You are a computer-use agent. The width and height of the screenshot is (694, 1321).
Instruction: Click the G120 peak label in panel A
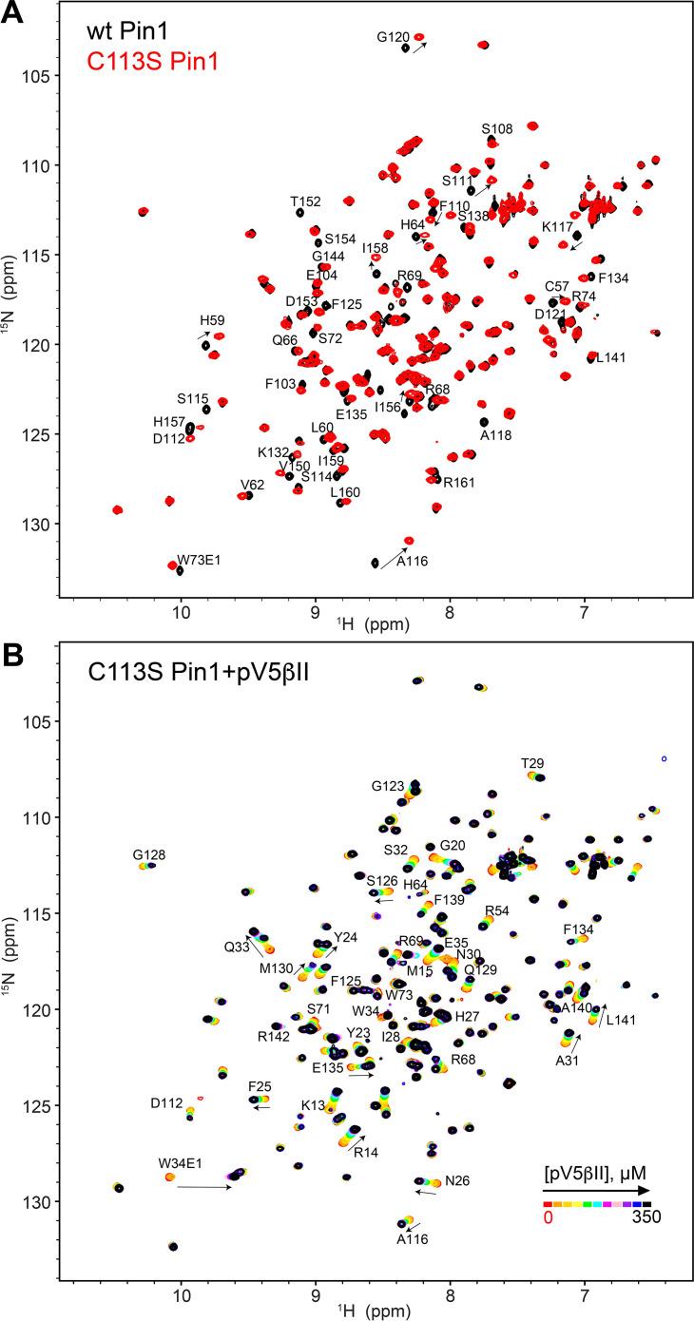[393, 37]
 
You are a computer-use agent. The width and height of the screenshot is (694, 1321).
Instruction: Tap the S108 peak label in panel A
[496, 128]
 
